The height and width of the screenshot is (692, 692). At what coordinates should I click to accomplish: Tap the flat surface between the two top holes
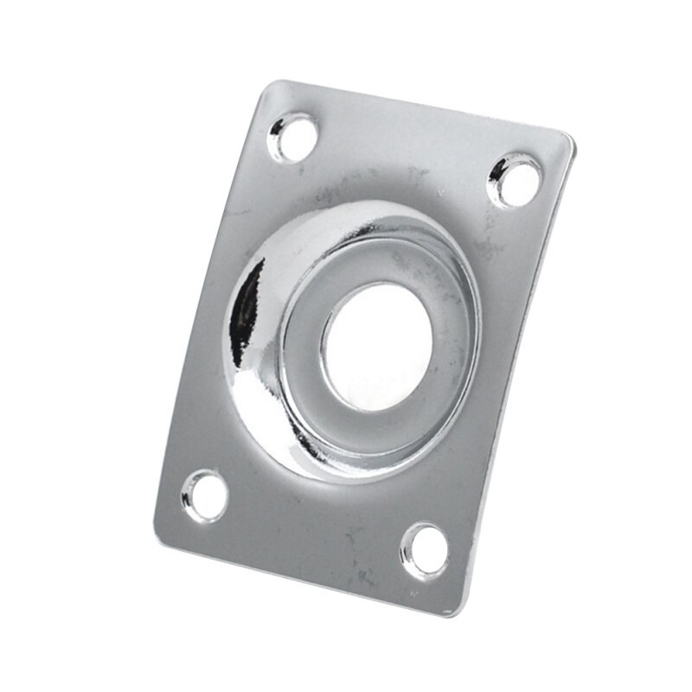tap(407, 156)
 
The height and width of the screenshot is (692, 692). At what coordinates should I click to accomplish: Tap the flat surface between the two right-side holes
tap(493, 363)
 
